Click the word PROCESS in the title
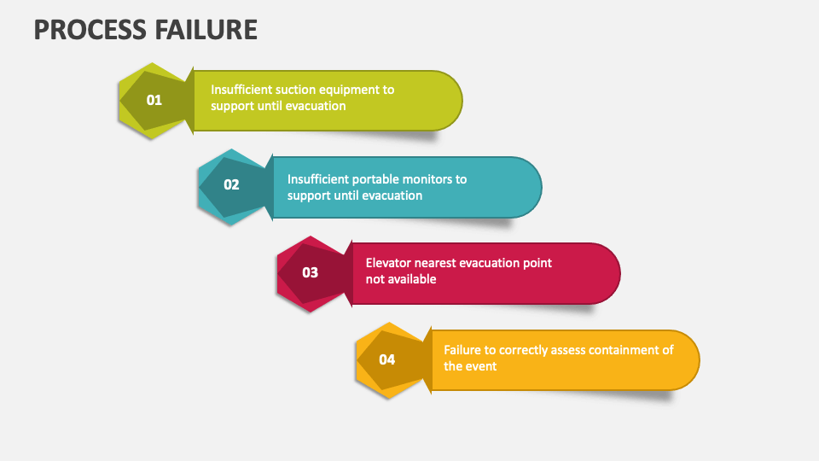(90, 30)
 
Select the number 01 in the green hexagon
(154, 100)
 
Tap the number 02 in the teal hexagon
(231, 184)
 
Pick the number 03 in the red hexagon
(311, 272)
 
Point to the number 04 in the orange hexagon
(387, 359)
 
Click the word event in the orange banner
(481, 366)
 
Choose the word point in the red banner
(537, 264)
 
